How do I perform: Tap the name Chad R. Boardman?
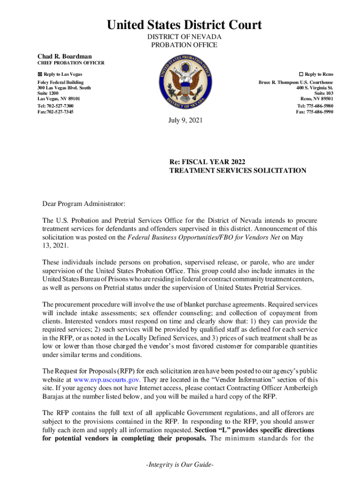coord(65,56)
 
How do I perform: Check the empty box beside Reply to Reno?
coord(301,74)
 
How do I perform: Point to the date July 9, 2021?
coord(186,121)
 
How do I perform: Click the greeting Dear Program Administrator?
coord(84,204)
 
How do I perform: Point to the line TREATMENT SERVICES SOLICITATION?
coord(238,171)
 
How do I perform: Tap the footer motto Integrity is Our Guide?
coord(180,466)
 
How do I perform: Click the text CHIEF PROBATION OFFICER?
coord(71,63)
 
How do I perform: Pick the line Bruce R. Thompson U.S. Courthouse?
coord(295,82)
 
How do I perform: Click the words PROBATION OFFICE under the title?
coord(184,45)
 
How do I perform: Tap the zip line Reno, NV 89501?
coord(317,99)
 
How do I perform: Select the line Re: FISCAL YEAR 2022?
coord(207,162)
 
